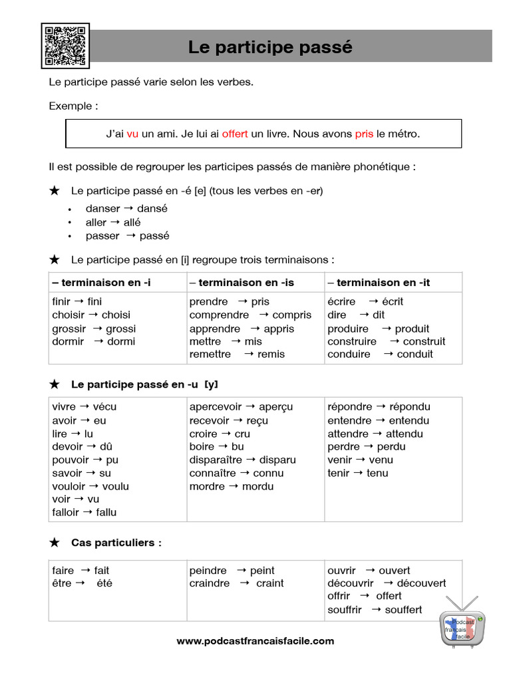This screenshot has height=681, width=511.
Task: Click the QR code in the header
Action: [x=65, y=46]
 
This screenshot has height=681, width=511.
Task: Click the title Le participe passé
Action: [x=270, y=47]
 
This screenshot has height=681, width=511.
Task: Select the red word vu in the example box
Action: [x=132, y=134]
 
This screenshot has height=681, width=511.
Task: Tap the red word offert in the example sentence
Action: [x=235, y=134]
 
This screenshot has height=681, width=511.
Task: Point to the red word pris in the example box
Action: [x=364, y=134]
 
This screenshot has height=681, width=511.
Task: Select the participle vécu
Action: [x=104, y=407]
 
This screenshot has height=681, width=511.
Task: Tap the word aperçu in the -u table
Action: [x=275, y=407]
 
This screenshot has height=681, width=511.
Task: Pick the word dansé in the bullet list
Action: [x=152, y=209]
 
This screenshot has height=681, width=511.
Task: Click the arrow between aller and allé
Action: [x=115, y=222]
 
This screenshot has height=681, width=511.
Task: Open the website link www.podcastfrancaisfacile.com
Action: [x=255, y=641]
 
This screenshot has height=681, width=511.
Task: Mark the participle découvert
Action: [x=421, y=583]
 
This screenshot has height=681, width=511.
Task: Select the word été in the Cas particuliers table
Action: [x=104, y=583]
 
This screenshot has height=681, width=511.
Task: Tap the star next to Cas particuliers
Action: [x=55, y=543]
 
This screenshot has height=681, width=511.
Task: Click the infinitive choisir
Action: [x=68, y=315]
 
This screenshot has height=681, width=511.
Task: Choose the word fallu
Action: [x=106, y=512]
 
